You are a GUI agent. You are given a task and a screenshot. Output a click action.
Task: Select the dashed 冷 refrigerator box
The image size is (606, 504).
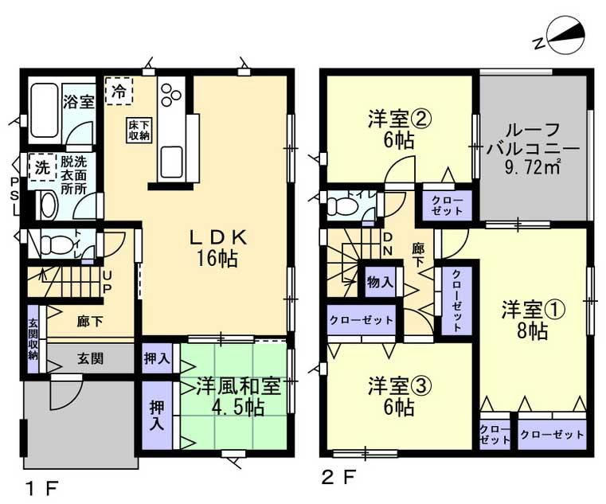(x=119, y=90)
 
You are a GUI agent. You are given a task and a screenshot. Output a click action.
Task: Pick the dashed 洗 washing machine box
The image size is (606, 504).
(x=41, y=167)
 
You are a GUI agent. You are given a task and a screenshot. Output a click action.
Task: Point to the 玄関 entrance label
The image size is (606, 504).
(x=89, y=359)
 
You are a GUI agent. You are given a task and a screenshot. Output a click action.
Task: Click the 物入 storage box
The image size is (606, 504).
(x=380, y=282)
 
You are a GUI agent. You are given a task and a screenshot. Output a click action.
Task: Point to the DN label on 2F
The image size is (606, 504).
(x=389, y=244)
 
